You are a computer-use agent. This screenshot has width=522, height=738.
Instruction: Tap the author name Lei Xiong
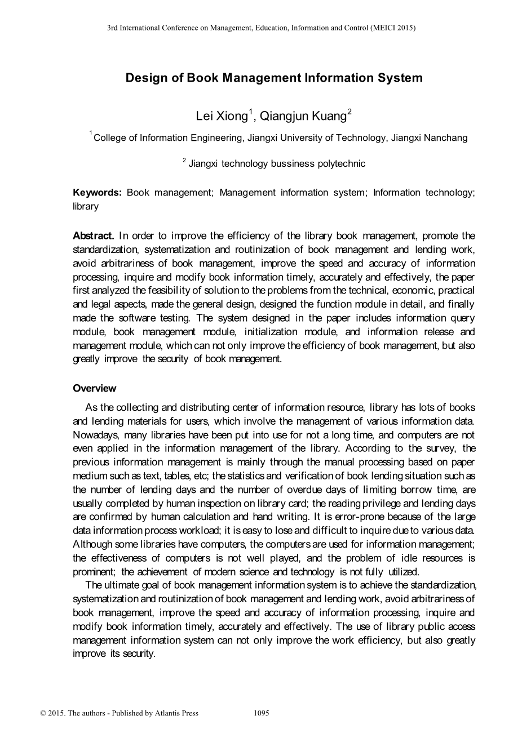[222, 117]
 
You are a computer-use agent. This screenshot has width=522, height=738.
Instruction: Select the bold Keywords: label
[98, 193]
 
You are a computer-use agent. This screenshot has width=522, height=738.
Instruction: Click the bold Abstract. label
[94, 235]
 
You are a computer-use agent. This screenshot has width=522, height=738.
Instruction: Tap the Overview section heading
[95, 388]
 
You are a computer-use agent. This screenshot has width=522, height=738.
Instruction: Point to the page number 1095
[262, 713]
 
